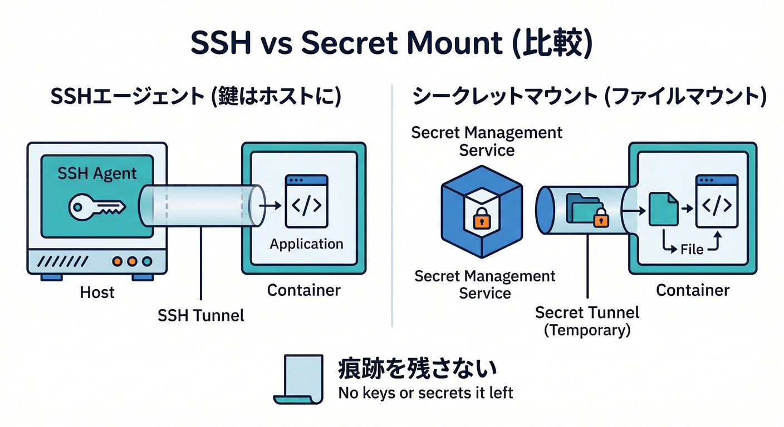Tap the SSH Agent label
pos(97,173)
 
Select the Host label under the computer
pos(97,292)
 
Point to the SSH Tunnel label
pos(200,315)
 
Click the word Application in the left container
pos(306,244)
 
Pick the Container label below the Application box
pos(303,290)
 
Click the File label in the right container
pos(692,250)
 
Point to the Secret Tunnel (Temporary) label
pos(587,321)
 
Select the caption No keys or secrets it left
pos(425,393)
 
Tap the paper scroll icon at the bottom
pos(298,378)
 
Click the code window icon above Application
pos(306,201)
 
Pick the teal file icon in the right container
pos(663,208)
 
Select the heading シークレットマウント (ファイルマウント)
pos(589,97)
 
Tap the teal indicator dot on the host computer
pos(147,260)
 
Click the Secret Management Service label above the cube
pos(487,141)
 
